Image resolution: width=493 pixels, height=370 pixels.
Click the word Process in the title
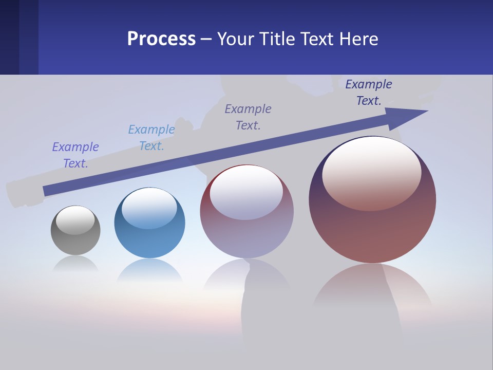(x=161, y=39)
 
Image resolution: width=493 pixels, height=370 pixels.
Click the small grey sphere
(x=75, y=242)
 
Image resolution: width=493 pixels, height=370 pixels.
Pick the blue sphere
(x=149, y=242)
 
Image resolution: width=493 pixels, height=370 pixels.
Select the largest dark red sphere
(x=372, y=231)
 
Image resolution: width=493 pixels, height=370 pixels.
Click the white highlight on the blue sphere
(x=149, y=208)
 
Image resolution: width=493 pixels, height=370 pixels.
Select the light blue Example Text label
(x=151, y=138)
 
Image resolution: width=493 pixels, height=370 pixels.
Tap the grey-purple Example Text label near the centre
(x=248, y=117)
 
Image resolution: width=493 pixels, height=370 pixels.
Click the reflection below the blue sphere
(x=149, y=270)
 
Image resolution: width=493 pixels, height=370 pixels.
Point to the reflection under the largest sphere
(x=372, y=288)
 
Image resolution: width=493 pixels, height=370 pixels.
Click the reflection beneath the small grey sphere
(x=75, y=264)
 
